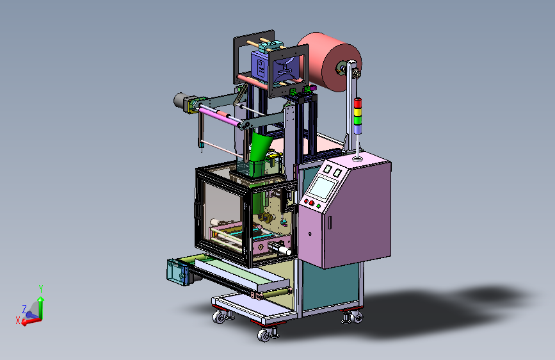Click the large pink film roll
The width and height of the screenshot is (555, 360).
coord(329,62)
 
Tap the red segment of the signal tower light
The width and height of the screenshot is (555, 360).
coord(358,104)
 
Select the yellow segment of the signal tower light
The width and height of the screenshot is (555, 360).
coord(358,113)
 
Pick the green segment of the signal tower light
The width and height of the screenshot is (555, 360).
coord(358,120)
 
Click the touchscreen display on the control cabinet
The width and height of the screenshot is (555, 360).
coord(323,188)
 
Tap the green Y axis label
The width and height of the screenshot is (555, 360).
coord(41,289)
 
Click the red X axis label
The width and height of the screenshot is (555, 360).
coord(18,321)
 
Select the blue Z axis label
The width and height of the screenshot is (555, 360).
coord(24,309)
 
